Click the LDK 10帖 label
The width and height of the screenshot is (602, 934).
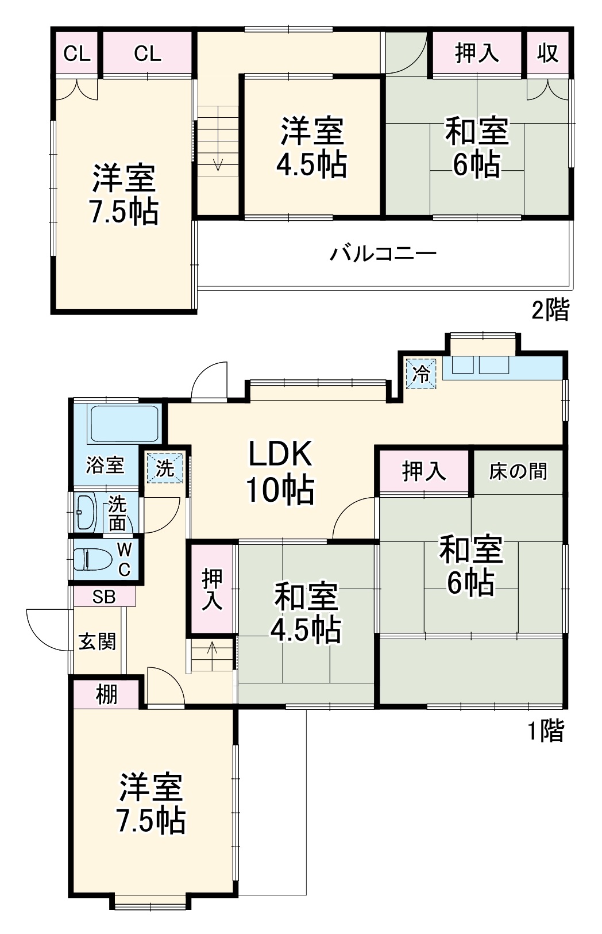280,471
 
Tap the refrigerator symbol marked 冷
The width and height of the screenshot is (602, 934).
422,374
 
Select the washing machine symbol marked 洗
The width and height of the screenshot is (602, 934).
165,468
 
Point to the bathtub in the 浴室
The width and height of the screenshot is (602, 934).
123,424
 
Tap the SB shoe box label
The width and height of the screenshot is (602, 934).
104,597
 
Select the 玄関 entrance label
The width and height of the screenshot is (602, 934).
97,641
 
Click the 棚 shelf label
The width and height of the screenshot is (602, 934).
106,694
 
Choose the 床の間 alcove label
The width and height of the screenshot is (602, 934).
518,471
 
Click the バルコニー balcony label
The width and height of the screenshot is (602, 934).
383,253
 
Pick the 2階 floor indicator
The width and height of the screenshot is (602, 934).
550,310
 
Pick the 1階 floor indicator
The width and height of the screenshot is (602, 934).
546,731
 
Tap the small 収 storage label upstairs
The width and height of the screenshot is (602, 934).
548,53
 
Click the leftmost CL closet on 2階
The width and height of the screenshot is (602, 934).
76,54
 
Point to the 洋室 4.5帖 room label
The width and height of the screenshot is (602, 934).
312,147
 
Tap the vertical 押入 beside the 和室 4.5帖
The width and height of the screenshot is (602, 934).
213,589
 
